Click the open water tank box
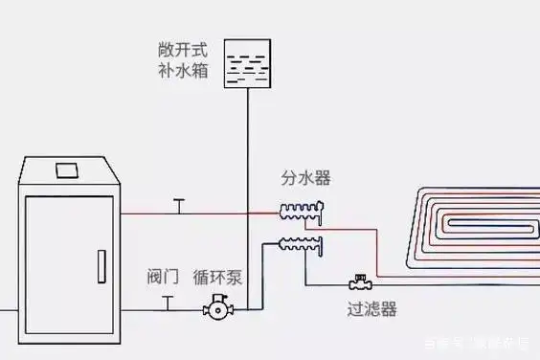(248, 64)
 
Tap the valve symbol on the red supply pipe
(176, 206)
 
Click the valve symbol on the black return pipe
(169, 304)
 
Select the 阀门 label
(165, 278)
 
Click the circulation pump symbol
(217, 309)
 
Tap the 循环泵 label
(218, 278)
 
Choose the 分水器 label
(305, 179)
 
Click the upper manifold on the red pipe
(302, 210)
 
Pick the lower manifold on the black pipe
(302, 244)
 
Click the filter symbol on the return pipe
(361, 284)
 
